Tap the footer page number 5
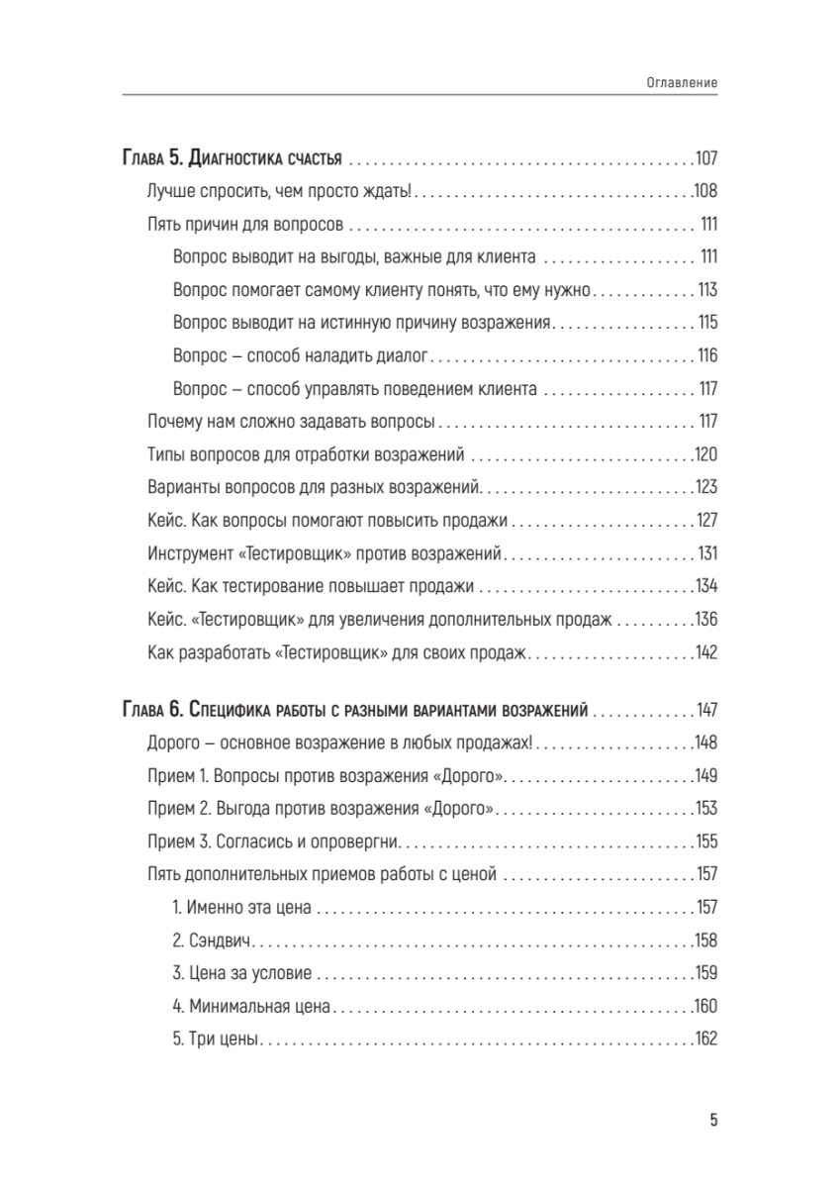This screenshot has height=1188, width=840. tap(713, 1121)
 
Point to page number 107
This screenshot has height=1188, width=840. tap(705, 158)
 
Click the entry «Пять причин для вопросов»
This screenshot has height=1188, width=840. tap(243, 225)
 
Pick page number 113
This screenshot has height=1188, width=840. tap(707, 291)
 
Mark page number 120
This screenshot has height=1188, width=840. tap(705, 455)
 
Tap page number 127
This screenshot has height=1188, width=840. tap(705, 521)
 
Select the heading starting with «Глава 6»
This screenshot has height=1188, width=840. tap(356, 711)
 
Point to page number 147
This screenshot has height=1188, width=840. tap(705, 711)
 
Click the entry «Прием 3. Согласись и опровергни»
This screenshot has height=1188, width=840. tap(272, 842)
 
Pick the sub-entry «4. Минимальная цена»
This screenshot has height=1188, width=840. tap(250, 1007)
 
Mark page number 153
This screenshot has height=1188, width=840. tap(705, 810)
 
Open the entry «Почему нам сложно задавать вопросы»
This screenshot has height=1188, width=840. tap(291, 423)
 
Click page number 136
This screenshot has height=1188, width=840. tap(705, 620)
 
